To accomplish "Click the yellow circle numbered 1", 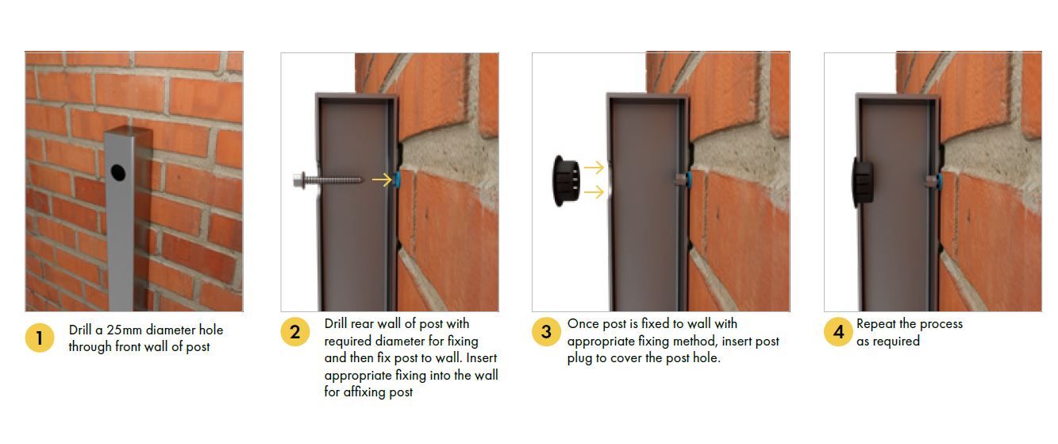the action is (x=39, y=338).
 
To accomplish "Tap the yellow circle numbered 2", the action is (x=295, y=332).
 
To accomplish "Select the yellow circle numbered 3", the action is (x=547, y=332).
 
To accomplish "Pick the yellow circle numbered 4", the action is (x=838, y=332).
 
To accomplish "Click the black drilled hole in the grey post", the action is (x=118, y=172).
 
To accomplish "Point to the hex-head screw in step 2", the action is (x=329, y=180).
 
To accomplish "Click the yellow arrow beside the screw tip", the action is (x=382, y=180).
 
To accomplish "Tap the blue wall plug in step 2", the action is (x=397, y=180).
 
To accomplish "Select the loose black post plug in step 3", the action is (x=566, y=180).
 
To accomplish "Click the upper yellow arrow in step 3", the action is (x=594, y=168).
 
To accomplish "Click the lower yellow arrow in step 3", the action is (x=594, y=191).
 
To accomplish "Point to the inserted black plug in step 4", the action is (x=863, y=182).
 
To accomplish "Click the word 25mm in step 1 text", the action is (x=125, y=330).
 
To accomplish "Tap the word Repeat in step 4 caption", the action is (x=876, y=324).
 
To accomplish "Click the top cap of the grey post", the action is (x=129, y=130).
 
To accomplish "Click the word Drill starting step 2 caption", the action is (x=336, y=324).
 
